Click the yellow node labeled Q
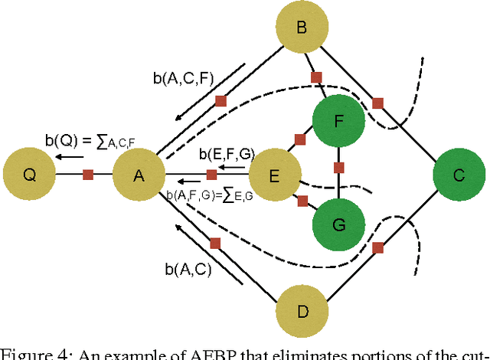(x=29, y=175)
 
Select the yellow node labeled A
(x=139, y=175)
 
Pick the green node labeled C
(x=459, y=175)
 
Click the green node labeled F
(x=338, y=120)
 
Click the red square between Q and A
(x=87, y=175)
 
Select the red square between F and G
(x=338, y=167)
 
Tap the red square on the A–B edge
(x=220, y=101)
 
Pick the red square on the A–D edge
(x=215, y=244)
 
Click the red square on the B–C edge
(x=377, y=102)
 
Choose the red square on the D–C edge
(x=377, y=247)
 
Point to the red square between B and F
(x=315, y=77)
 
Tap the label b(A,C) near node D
(x=188, y=270)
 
